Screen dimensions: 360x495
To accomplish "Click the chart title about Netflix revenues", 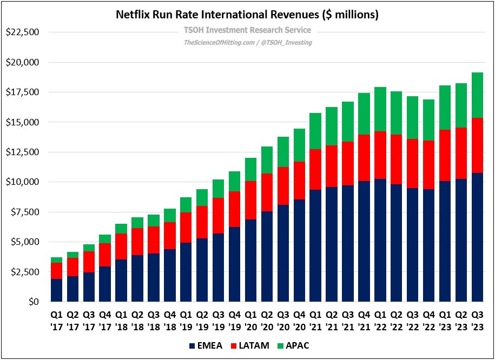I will coord(247,15).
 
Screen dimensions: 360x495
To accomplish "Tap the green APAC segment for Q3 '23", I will coord(477,95).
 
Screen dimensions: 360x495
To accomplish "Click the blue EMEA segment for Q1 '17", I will coord(56,290).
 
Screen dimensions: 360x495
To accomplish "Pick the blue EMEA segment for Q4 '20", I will coord(299,250).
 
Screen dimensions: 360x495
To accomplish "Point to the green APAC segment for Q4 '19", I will coord(234,182).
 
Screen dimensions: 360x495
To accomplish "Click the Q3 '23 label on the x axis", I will coord(477,321).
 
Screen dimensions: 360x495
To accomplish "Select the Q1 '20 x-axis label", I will coord(250,321).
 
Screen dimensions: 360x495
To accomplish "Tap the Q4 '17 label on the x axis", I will coord(105,321).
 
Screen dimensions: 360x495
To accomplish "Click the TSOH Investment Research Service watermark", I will coord(247,30).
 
